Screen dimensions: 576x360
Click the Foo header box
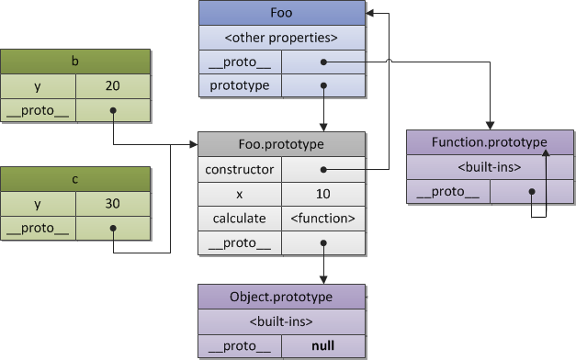click(282, 13)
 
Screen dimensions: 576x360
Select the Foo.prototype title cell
click(281, 144)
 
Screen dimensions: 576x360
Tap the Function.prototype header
click(490, 142)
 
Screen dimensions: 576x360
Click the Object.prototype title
click(281, 297)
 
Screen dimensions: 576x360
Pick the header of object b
click(75, 62)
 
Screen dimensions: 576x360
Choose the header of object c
click(75, 179)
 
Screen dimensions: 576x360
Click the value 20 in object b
click(113, 86)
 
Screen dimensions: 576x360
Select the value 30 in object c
click(113, 204)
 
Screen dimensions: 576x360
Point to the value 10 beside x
click(323, 194)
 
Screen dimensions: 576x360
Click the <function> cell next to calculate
click(323, 219)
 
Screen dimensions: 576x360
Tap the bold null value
click(322, 345)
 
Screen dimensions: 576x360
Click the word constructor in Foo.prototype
click(240, 169)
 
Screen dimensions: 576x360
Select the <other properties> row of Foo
click(282, 38)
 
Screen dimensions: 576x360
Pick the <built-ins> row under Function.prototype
click(490, 167)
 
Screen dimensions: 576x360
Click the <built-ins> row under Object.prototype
click(281, 321)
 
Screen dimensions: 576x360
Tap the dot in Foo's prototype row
click(323, 85)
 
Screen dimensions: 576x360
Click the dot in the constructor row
click(323, 169)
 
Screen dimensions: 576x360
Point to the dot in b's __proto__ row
click(113, 110)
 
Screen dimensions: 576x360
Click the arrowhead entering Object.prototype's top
click(323, 280)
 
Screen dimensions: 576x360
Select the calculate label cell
click(240, 219)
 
